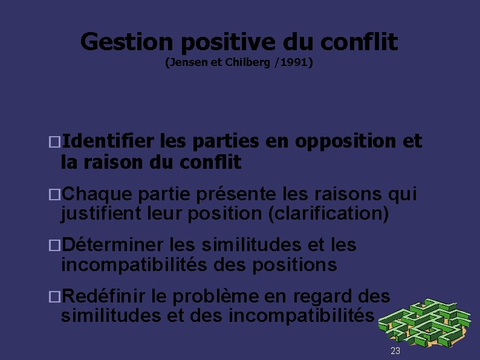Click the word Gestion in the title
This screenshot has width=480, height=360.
click(x=126, y=42)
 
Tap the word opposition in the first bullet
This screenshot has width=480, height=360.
click(x=347, y=141)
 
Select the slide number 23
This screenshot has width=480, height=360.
click(x=395, y=352)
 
